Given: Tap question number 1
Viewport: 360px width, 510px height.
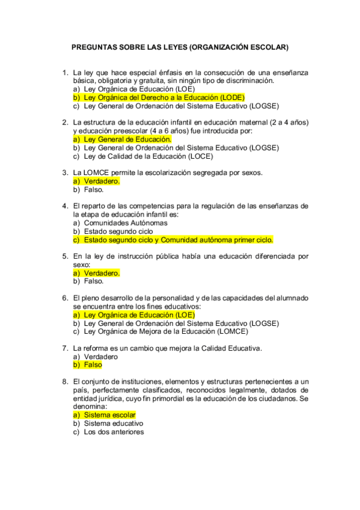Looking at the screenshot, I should [65, 72].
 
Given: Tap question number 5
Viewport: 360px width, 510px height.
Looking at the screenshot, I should [65, 256].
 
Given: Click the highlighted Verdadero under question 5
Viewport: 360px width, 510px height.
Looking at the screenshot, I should [102, 272].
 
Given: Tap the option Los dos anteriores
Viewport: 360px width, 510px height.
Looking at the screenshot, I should [114, 432].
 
